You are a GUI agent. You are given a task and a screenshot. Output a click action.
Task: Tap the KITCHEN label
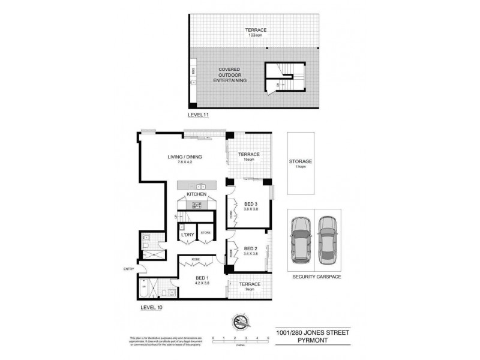click(197, 195)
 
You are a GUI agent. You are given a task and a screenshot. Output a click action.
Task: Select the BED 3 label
click(251, 204)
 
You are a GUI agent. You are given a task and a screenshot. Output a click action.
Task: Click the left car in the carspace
click(301, 239)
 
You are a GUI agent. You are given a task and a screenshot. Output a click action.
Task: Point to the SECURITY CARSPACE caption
click(313, 277)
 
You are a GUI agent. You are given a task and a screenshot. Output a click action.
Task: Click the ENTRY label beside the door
click(128, 268)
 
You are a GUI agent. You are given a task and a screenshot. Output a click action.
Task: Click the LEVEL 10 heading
click(151, 307)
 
